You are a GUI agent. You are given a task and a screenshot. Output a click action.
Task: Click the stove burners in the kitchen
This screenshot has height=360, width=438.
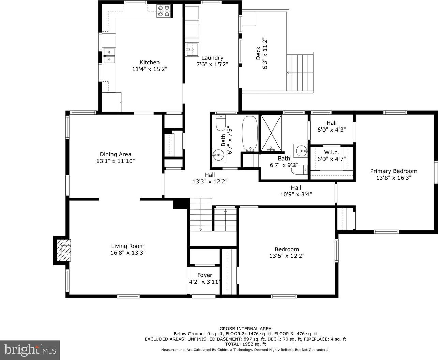pos(164,11)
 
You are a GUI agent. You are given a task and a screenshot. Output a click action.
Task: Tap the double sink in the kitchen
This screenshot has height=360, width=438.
pos(109,56)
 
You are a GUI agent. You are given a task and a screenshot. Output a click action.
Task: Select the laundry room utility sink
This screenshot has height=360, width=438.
pos(192,49)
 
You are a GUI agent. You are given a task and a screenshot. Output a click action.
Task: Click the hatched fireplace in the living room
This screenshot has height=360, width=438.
pos(63,250)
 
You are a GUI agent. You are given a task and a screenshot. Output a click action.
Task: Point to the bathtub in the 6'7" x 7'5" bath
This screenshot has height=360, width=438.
pos(250,134)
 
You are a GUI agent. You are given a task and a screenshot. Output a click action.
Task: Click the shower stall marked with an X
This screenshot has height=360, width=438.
pos(271,133)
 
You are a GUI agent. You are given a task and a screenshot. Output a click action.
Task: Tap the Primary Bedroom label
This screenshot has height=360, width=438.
pos(394,171)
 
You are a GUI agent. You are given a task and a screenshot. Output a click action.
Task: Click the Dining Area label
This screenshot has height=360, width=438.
pos(116,154)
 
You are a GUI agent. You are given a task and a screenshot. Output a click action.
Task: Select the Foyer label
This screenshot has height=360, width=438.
pos(205,275)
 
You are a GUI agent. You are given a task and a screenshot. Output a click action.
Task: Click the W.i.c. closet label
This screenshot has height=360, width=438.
pos(331,152)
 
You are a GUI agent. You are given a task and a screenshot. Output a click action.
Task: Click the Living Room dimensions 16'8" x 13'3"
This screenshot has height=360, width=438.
pos(128,253)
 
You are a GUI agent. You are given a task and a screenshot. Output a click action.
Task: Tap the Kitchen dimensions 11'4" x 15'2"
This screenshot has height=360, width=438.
pos(150,69)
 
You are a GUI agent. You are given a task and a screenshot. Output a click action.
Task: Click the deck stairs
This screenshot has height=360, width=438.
pos(300,73)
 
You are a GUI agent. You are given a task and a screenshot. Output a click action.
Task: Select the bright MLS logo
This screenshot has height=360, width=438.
pos(30,350)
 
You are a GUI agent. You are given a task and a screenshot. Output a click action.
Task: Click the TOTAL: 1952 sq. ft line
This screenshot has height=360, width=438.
pos(245,344)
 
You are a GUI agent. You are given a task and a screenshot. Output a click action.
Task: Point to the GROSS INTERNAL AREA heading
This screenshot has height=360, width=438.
pos(245,329)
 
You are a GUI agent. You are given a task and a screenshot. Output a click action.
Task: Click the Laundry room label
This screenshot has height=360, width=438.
pos(212,58)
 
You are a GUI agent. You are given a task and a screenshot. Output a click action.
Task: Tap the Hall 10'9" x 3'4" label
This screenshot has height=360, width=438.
pos(296,191)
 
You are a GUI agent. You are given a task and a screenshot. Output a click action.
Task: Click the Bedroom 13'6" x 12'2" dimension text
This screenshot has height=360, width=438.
pos(287,256)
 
